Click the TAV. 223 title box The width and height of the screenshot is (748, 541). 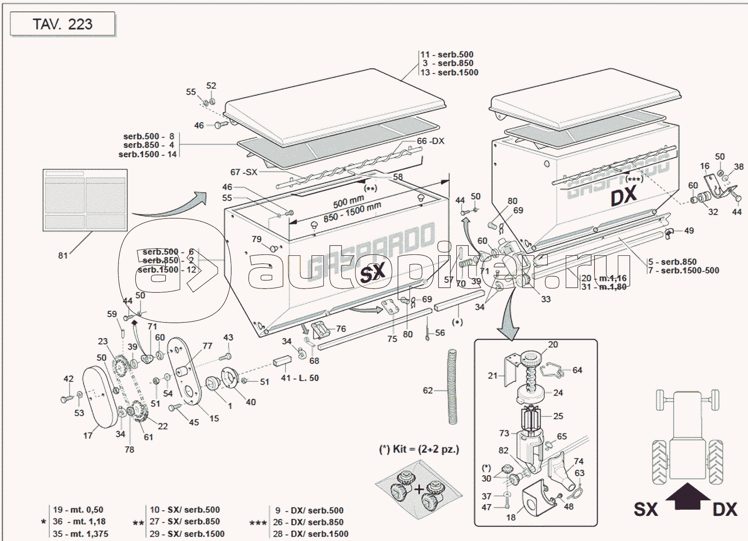click(62, 24)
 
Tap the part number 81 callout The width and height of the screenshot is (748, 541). click(62, 256)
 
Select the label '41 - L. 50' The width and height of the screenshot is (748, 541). click(300, 378)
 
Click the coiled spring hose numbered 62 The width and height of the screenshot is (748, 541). click(453, 387)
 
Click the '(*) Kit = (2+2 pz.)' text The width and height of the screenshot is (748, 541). click(419, 449)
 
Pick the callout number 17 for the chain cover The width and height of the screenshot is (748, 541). click(88, 435)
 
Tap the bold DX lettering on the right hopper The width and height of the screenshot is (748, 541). click(623, 196)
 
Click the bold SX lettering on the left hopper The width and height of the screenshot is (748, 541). click(373, 273)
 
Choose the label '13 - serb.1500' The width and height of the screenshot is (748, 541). click(449, 72)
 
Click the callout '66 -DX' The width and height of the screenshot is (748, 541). click(430, 141)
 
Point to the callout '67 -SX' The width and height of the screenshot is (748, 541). click(244, 172)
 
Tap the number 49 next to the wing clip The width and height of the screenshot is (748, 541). click(689, 231)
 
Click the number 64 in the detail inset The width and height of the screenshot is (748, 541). click(577, 370)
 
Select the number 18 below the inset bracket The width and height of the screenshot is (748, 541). click(511, 517)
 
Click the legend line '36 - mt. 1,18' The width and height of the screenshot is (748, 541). click(79, 522)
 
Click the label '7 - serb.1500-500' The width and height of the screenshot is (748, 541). click(684, 270)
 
